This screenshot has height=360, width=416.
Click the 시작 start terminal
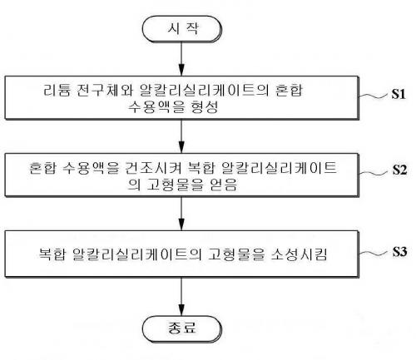(x=182, y=29)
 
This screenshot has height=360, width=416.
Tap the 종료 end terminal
(x=182, y=329)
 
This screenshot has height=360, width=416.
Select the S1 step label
(x=399, y=94)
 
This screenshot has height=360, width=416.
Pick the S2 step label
(x=399, y=170)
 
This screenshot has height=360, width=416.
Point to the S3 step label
(x=399, y=252)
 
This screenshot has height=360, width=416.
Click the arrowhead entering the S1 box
(x=181, y=70)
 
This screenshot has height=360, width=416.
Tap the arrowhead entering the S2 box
(x=181, y=147)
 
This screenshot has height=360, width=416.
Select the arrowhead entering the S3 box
(x=181, y=224)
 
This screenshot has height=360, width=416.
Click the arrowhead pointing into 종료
(x=181, y=310)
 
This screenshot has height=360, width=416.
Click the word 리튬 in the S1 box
(x=57, y=90)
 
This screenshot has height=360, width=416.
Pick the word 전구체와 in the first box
(x=105, y=90)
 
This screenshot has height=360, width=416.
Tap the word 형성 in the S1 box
(x=205, y=107)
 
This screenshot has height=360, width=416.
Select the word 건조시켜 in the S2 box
(x=153, y=167)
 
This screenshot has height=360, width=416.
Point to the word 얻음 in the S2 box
(x=223, y=185)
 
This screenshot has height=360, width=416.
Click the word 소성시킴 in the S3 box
(x=299, y=254)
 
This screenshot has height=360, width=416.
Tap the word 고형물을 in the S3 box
(x=236, y=254)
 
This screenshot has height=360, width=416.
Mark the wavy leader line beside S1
(x=374, y=96)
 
